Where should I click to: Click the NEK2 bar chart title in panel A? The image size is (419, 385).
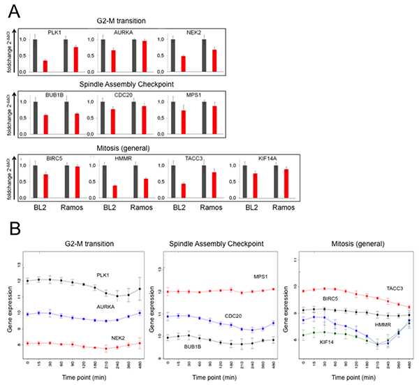pyautogui.click(x=188, y=32)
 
